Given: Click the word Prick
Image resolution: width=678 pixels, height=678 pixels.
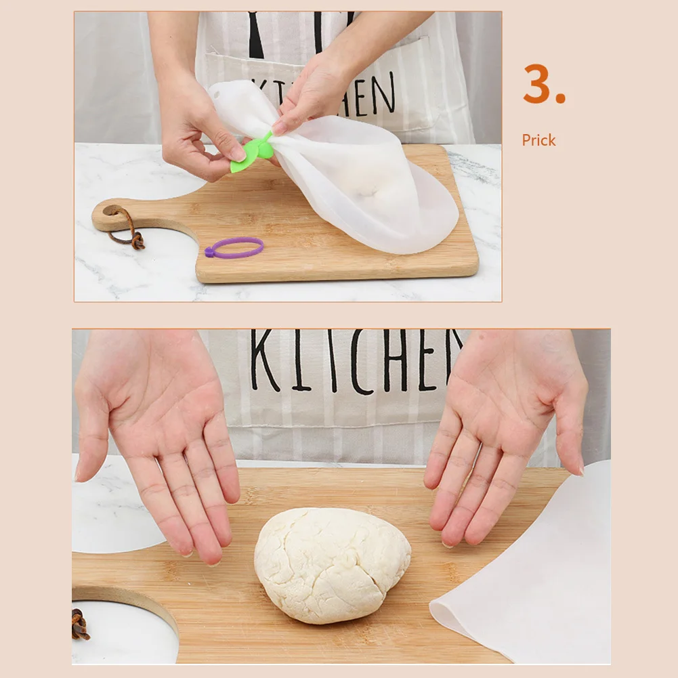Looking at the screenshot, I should (538, 140).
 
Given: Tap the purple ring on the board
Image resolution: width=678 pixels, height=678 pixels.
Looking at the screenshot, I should (234, 247).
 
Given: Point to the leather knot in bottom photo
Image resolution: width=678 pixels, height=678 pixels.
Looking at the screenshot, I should (80, 624).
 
